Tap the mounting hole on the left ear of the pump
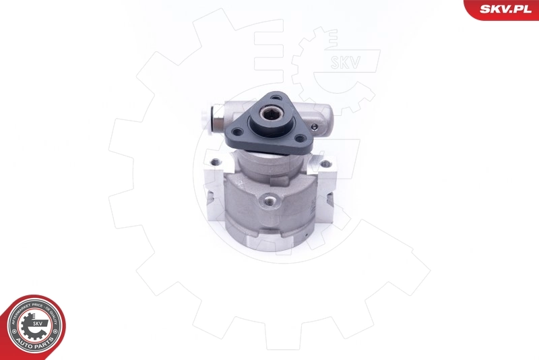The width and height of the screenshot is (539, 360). tap(215, 162)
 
